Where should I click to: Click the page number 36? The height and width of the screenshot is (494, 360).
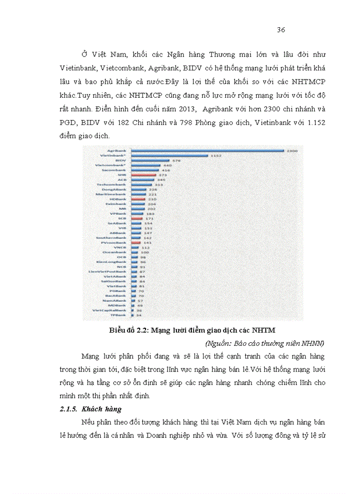[281, 29]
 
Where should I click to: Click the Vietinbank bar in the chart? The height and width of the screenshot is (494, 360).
[169, 155]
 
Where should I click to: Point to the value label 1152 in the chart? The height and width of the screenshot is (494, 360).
[216, 155]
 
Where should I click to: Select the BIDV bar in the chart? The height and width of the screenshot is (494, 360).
[150, 160]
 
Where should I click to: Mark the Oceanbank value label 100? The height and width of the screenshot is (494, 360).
[145, 252]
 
